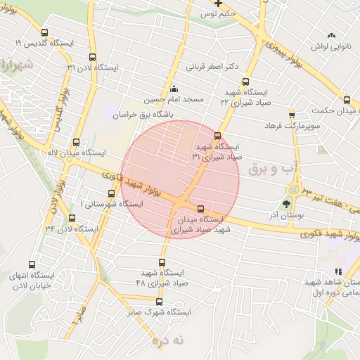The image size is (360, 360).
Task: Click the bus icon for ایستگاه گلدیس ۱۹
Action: [45, 32]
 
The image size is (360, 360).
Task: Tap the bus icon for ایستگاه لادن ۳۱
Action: [92, 56]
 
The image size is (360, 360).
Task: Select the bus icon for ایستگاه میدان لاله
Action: [76, 141]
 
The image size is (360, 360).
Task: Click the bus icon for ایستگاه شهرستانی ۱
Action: [111, 193]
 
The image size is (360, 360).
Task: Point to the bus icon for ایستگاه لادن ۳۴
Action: [71, 219]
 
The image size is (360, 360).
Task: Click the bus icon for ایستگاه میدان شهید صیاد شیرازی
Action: [201, 209]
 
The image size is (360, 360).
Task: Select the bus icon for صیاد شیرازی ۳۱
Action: [217, 136]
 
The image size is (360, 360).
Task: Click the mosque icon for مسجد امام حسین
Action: [174, 89]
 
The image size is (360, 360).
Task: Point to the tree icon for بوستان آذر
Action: [285, 205]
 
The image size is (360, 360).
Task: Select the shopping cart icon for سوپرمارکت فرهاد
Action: [292, 115]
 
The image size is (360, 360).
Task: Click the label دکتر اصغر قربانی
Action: [212, 67]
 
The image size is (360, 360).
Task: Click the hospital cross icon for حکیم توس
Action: [219, 3]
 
